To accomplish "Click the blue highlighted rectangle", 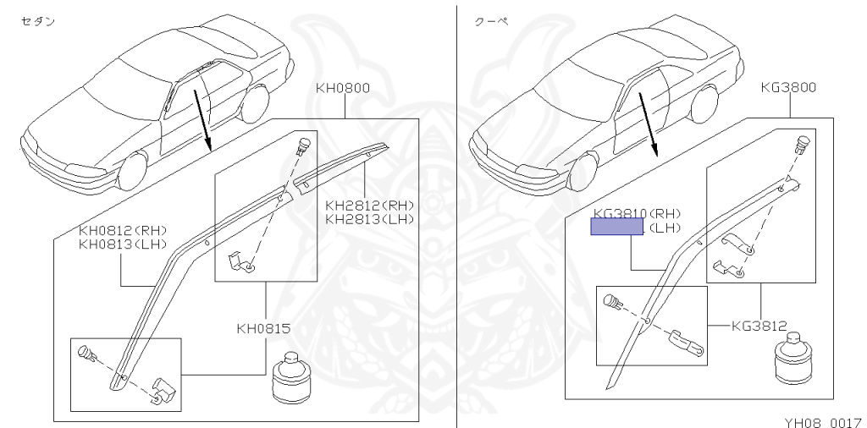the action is click(616, 227).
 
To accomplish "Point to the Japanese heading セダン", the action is click(38, 21).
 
